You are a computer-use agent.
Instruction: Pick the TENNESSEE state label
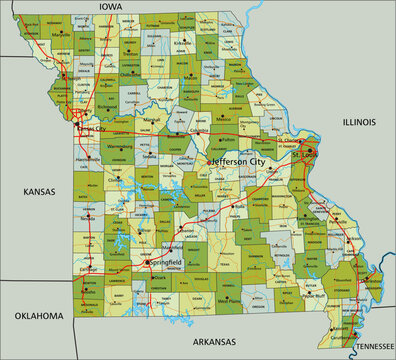click(371, 345)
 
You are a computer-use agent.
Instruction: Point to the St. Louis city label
click(303, 156)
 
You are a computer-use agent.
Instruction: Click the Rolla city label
click(238, 207)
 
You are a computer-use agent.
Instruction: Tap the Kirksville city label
click(182, 43)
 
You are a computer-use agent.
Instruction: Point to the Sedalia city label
click(150, 156)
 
